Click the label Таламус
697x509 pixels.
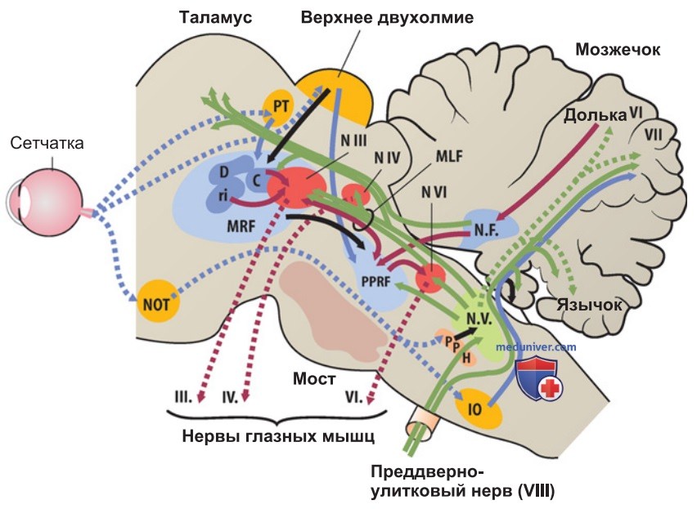(x=215, y=17)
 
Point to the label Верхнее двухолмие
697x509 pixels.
(x=387, y=18)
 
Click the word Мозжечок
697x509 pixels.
(x=618, y=49)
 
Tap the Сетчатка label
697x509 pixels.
(x=47, y=143)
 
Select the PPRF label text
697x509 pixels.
(x=375, y=281)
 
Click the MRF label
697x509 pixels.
(x=241, y=225)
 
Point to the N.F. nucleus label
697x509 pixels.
(x=486, y=230)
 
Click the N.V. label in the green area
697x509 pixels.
(x=479, y=319)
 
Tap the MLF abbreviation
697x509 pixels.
(x=449, y=156)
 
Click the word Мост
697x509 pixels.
(x=314, y=378)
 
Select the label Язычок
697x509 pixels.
(x=590, y=305)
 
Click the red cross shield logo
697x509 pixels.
(x=539, y=378)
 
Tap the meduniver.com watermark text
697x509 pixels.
(x=536, y=346)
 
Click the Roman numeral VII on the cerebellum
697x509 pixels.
(x=653, y=135)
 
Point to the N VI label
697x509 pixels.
(x=434, y=192)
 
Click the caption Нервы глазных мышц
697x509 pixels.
(x=278, y=436)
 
